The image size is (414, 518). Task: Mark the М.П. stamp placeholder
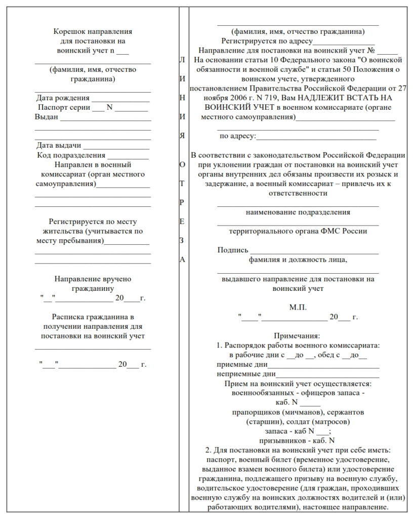(x=298, y=308)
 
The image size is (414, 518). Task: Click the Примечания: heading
(x=298, y=336)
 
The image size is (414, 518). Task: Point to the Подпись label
(x=233, y=250)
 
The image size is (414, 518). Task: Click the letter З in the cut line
(x=182, y=240)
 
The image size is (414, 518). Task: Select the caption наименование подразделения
(x=298, y=212)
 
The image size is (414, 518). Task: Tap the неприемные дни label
(x=245, y=374)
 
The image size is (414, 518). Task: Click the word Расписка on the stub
(x=67, y=317)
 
